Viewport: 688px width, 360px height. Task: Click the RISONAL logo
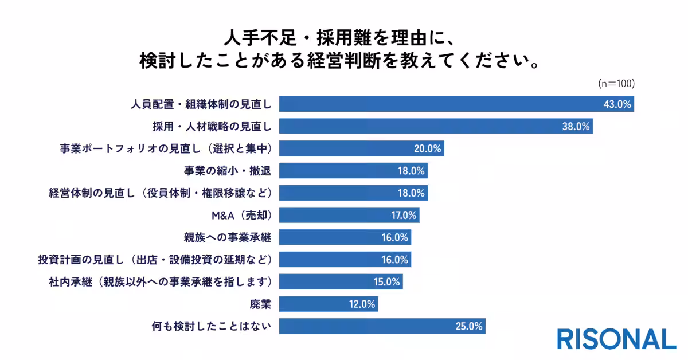click(x=616, y=339)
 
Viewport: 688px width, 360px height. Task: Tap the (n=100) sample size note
click(x=616, y=84)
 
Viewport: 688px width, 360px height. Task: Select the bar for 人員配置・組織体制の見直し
click(x=456, y=104)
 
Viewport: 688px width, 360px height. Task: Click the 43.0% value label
click(x=617, y=104)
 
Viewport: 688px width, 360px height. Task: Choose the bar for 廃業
click(x=329, y=304)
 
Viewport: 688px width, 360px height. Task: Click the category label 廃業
click(x=260, y=304)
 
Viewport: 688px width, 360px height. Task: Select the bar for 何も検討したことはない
click(x=382, y=326)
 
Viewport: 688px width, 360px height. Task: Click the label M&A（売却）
click(x=241, y=216)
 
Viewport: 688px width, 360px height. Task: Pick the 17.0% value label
click(x=403, y=216)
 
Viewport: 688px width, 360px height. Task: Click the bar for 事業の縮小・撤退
click(x=353, y=171)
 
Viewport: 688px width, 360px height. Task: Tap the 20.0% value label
click(x=428, y=148)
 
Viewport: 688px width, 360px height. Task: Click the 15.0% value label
click(x=386, y=282)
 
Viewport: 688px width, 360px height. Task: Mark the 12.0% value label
click(x=362, y=304)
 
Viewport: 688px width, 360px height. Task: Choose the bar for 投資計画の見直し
click(x=345, y=260)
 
